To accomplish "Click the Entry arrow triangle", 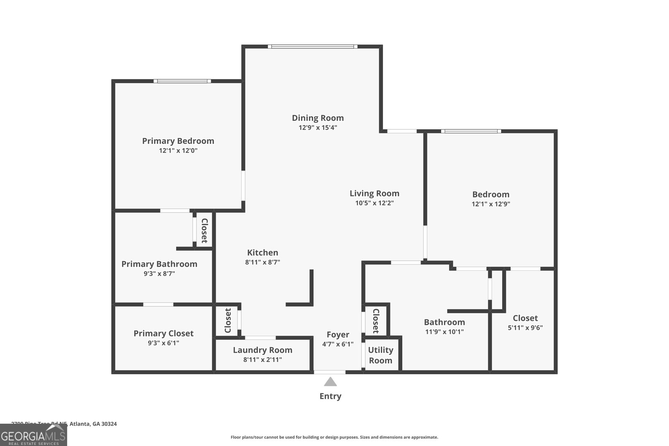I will click(x=330, y=382).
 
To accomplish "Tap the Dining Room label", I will click(x=318, y=118).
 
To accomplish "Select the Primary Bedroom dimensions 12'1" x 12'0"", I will click(x=178, y=150).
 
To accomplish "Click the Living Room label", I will click(x=374, y=193).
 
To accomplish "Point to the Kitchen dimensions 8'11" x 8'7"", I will click(x=263, y=263).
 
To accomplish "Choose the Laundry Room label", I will click(x=263, y=350).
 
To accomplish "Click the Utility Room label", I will click(x=380, y=355).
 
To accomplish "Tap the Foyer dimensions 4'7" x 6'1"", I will click(x=338, y=344).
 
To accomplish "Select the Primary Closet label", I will click(x=163, y=333).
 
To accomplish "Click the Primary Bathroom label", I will click(x=159, y=264).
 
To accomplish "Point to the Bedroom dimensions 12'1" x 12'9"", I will click(x=491, y=204).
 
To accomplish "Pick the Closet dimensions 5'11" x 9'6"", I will click(x=525, y=328).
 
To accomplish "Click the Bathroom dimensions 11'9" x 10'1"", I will click(x=444, y=332).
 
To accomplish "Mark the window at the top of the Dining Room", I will click(x=312, y=46).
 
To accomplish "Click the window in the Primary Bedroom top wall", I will click(x=182, y=81).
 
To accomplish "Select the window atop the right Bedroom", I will click(x=471, y=131).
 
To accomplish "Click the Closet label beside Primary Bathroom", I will click(x=204, y=230).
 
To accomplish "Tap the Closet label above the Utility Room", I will click(x=375, y=321).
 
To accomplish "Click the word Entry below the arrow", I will click(x=330, y=396).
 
